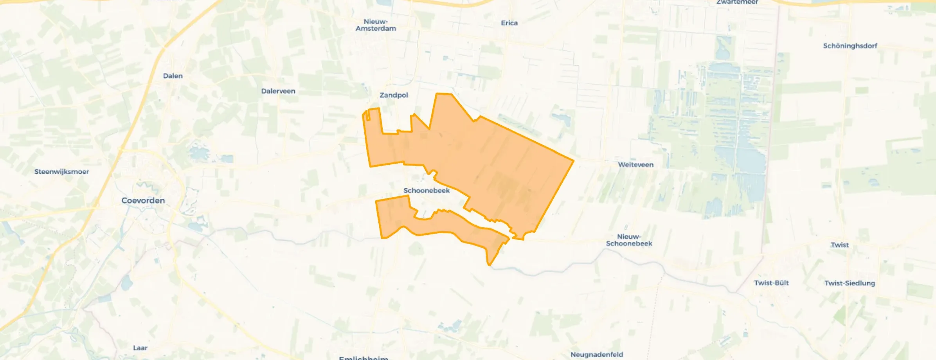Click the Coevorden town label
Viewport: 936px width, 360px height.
coord(143,200)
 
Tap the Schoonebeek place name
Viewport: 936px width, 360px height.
coord(427,191)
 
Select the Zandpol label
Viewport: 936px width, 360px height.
coord(394,95)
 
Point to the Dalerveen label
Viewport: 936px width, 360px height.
coord(278,91)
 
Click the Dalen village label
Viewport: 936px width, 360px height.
coord(173,76)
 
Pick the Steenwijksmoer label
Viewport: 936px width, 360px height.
coord(61,172)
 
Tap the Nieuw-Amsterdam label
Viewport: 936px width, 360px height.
coord(376,25)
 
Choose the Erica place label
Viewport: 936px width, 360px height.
coord(509,23)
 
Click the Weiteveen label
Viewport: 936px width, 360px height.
coord(635,165)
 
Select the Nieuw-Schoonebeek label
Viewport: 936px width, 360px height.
coord(629,240)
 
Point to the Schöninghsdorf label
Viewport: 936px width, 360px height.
coord(850,46)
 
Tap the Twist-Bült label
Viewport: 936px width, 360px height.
coord(771,283)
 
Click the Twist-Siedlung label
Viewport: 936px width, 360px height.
coord(850,283)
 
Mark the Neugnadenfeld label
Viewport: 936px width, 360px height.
coord(596,355)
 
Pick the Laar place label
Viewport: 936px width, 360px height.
coord(140,348)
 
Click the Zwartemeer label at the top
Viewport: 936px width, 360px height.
coord(737,2)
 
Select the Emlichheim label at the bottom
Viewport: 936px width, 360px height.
coord(364,358)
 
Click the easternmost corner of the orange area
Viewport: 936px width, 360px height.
coord(574,160)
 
